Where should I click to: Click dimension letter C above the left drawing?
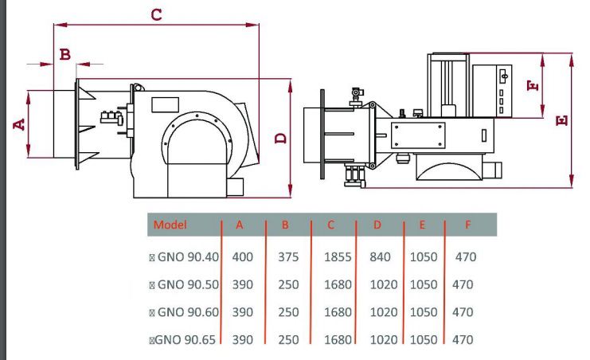[156, 14]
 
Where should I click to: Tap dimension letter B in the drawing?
[66, 54]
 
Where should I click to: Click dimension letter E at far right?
[562, 120]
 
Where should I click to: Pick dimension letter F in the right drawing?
[534, 84]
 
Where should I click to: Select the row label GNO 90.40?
[185, 257]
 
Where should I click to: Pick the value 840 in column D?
[381, 257]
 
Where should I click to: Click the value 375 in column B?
[288, 257]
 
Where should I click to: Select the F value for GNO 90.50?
[462, 284]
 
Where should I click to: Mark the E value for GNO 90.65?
[424, 339]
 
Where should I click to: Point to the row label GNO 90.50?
[185, 284]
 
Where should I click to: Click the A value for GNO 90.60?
[242, 312]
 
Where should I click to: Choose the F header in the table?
[467, 225]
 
